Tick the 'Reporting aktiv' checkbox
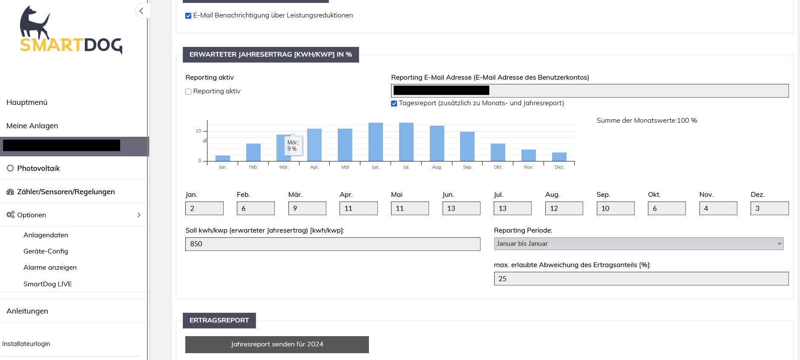pos(188,92)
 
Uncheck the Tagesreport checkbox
pos(394,104)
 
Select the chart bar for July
pos(406,142)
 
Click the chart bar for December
pos(559,157)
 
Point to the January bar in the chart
pos(223,158)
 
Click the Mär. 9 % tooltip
pos(293,146)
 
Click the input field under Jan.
pos(204,208)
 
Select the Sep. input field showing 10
pos(615,208)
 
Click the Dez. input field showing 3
pos(769,208)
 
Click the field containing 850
pos(332,244)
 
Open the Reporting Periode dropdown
pos(638,244)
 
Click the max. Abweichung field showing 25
pos(641,279)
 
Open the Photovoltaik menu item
pos(38,168)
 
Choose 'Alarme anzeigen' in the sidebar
pos(50,268)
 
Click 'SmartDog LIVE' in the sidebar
pos(48,284)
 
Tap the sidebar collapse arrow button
pos(141,11)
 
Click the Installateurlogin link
pos(26,344)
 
